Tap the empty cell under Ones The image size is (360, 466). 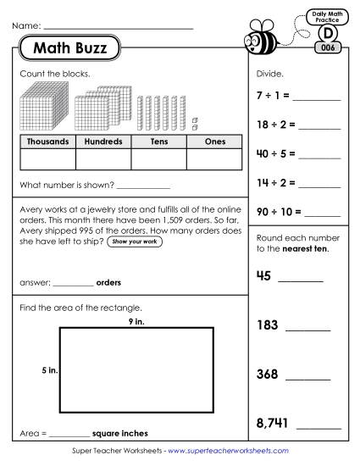coord(214,159)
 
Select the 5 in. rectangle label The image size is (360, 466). coord(49,371)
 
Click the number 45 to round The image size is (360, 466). coord(263,274)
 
